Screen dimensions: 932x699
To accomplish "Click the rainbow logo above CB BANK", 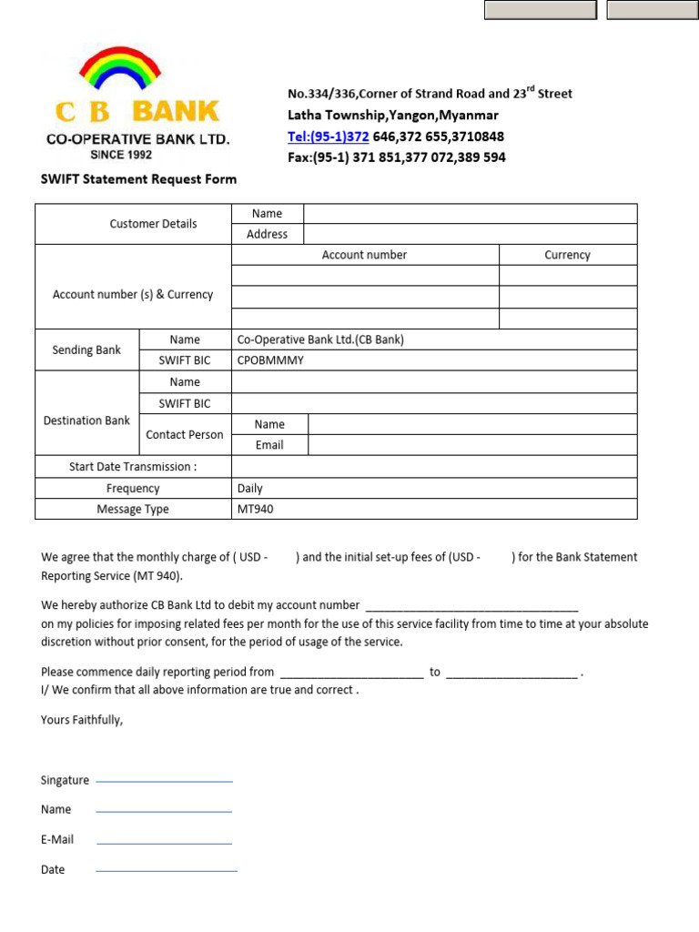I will pos(120,71).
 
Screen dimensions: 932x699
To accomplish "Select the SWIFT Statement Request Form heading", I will pos(138,179).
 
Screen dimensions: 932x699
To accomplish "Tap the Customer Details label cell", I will pos(153,224).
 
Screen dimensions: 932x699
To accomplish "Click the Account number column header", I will pos(364,256).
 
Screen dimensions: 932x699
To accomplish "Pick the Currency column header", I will pos(567,256).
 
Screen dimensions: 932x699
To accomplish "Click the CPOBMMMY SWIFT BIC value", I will pos(270,360).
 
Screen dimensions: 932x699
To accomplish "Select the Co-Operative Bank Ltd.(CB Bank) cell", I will pos(320,339).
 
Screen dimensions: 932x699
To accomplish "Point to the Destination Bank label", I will pos(86,420).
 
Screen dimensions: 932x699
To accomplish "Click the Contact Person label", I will pos(184,435).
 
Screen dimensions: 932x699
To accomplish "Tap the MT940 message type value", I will pos(255,510).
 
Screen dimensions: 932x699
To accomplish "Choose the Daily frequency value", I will pos(249,489).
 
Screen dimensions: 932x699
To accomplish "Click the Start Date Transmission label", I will pos(133,467).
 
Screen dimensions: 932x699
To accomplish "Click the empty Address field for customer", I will pos(470,235).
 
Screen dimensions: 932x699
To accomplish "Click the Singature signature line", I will pos(164,781).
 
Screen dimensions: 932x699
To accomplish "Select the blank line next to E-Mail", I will pos(164,843).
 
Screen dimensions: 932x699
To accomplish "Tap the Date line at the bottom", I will pos(166,871).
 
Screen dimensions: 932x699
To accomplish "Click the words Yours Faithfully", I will pos(82,720).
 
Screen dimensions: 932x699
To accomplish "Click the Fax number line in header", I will pos(397,157).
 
